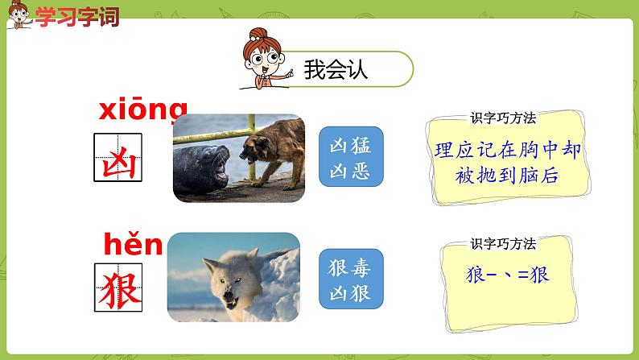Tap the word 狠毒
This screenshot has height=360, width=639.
tap(351, 267)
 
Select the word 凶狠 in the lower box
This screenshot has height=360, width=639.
tap(351, 292)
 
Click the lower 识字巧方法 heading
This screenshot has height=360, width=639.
tap(503, 242)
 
